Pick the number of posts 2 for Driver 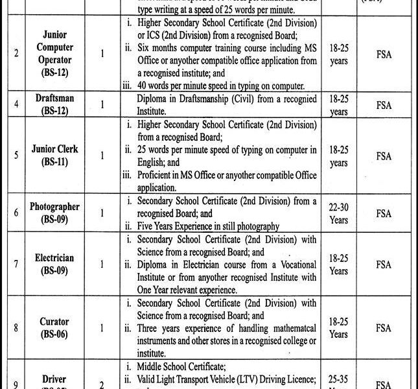tap(102, 385)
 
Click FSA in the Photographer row tap(384, 213)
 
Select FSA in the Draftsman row tap(384, 103)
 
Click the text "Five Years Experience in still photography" tap(208, 226)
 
